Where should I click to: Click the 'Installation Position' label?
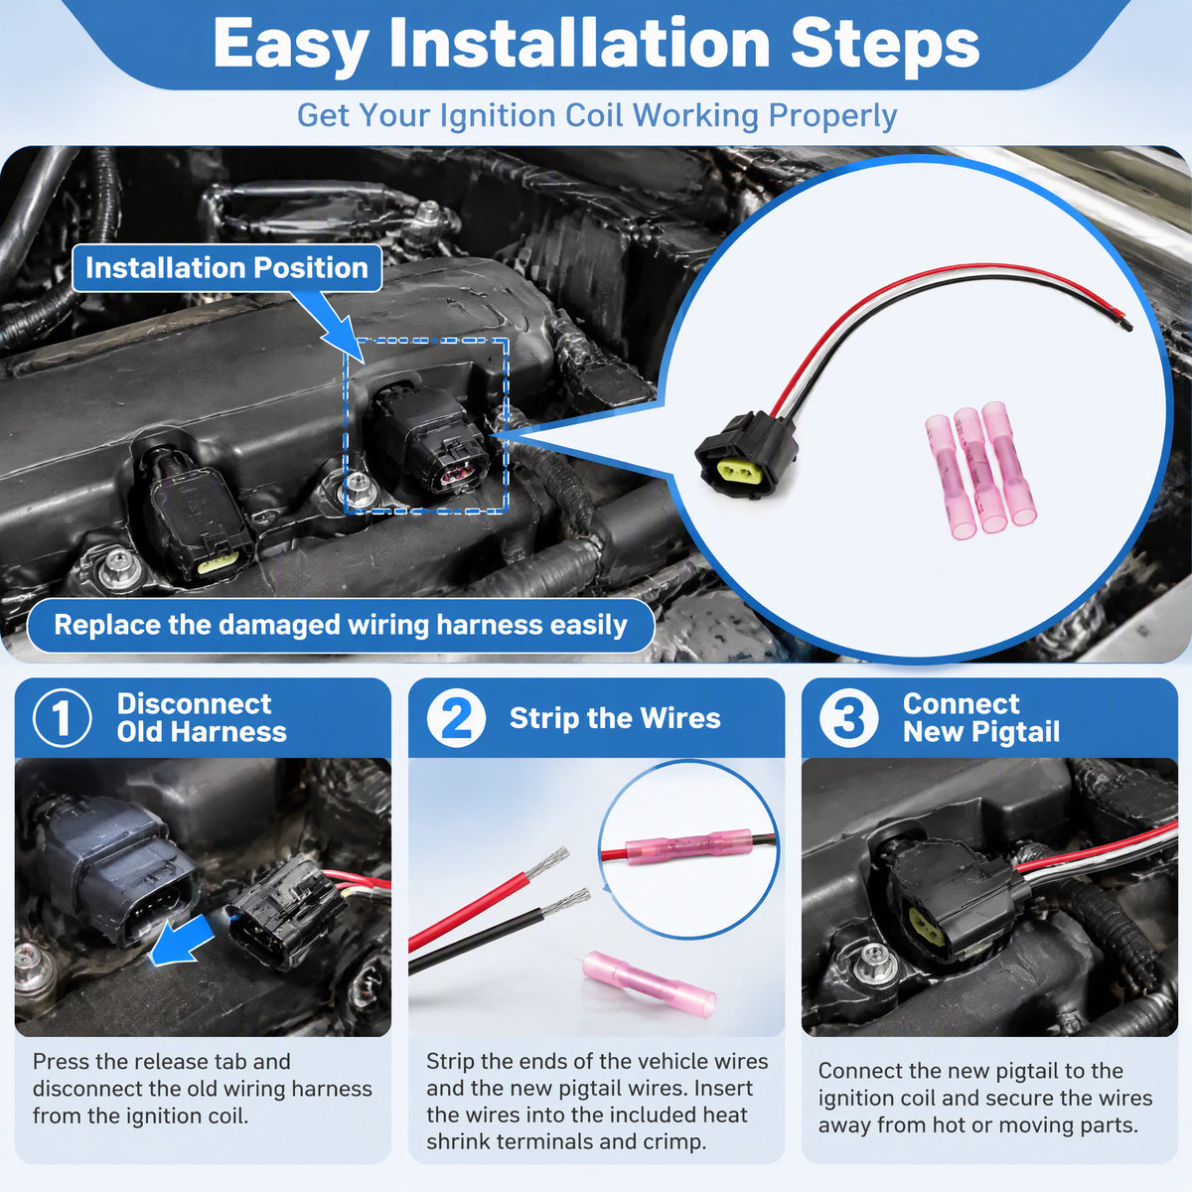pyautogui.click(x=226, y=268)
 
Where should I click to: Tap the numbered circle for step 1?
pyautogui.click(x=62, y=718)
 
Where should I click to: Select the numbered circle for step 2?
pyautogui.click(x=456, y=718)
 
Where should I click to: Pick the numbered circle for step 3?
pyautogui.click(x=848, y=718)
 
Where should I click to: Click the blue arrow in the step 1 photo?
pyautogui.click(x=182, y=942)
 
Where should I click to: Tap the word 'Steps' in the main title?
pyautogui.click(x=885, y=45)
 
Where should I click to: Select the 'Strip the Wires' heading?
pyautogui.click(x=615, y=718)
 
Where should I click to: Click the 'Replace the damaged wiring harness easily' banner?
pyautogui.click(x=341, y=625)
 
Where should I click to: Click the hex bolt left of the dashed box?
pyautogui.click(x=357, y=487)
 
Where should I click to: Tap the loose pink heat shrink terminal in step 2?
pyautogui.click(x=649, y=982)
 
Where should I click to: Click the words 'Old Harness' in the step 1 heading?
pyautogui.click(x=202, y=732)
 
